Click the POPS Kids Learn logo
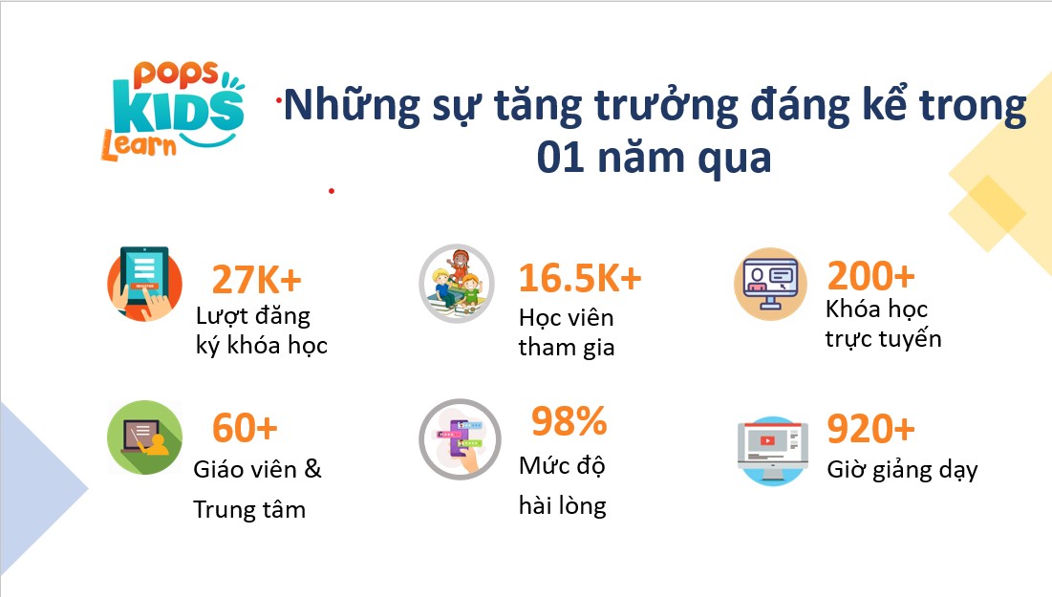tap(173, 112)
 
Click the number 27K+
tap(256, 280)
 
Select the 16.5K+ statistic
tap(580, 278)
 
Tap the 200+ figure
tap(870, 275)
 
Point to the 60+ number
tap(245, 427)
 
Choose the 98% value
tap(569, 421)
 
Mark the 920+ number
tap(870, 429)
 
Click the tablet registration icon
tap(144, 284)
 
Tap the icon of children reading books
tap(457, 283)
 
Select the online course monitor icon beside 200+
tap(770, 284)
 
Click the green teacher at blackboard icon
tap(145, 437)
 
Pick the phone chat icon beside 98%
tap(461, 439)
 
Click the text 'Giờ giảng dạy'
tap(902, 470)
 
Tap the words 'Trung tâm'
tap(249, 510)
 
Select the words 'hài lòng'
tap(562, 505)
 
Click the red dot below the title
tap(332, 191)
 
